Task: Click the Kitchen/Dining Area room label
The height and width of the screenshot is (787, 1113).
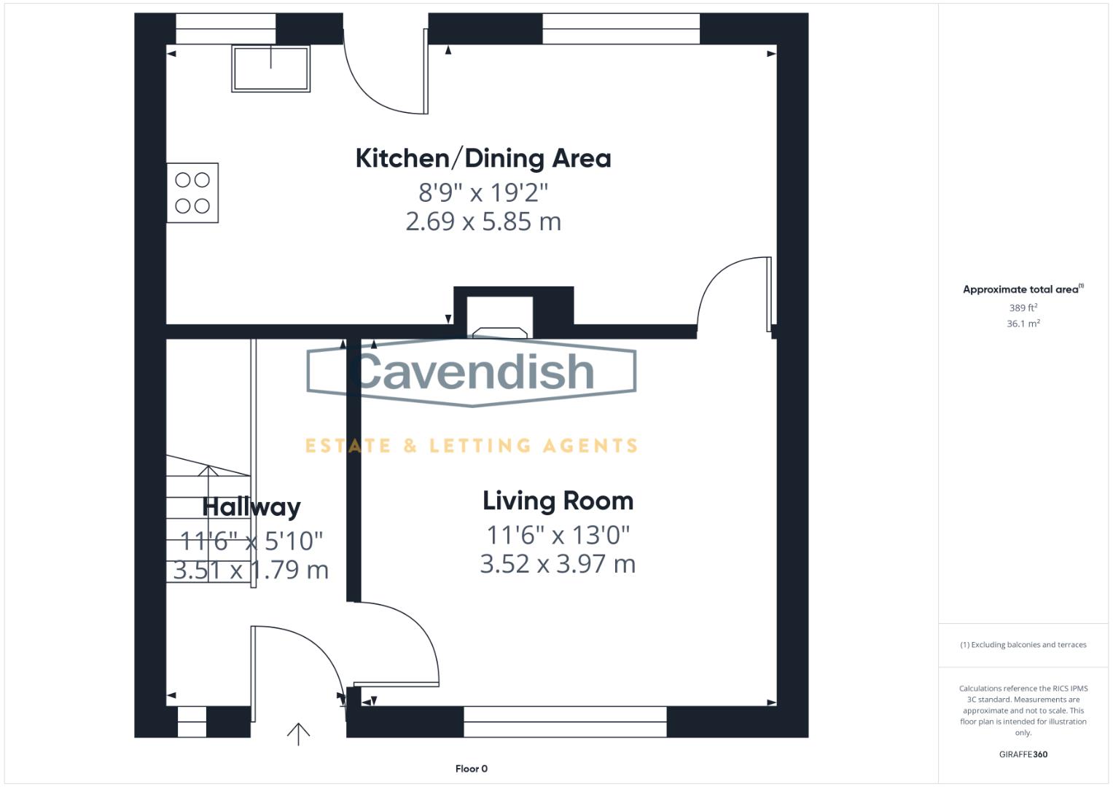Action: pos(483,158)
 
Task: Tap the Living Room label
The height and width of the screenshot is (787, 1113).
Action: pos(558,501)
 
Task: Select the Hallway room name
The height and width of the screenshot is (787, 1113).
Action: pos(251,506)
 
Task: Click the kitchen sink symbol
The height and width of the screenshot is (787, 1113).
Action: pos(270,68)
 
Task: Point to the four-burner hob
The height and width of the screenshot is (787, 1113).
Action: pos(192,193)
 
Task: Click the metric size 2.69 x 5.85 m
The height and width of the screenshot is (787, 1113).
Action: pos(483,222)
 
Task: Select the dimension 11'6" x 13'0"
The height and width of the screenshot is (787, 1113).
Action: pos(558,535)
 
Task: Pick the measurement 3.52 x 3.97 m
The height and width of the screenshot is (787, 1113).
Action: pos(558,564)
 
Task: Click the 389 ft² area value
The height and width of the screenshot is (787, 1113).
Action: pos(1023,308)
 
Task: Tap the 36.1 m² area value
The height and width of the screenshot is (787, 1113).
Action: pos(1023,324)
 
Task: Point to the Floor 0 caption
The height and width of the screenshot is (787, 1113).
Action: pos(471,769)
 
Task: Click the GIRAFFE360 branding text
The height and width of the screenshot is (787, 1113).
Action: pos(1023,754)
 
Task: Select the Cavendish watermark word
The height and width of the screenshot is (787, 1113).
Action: pos(472,372)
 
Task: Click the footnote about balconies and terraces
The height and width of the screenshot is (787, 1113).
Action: pos(1023,645)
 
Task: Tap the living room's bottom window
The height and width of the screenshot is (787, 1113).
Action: pos(565,721)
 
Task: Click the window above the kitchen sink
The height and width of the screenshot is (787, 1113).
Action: pos(225,28)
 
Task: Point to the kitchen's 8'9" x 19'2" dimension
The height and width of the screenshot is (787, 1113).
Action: pos(483,192)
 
